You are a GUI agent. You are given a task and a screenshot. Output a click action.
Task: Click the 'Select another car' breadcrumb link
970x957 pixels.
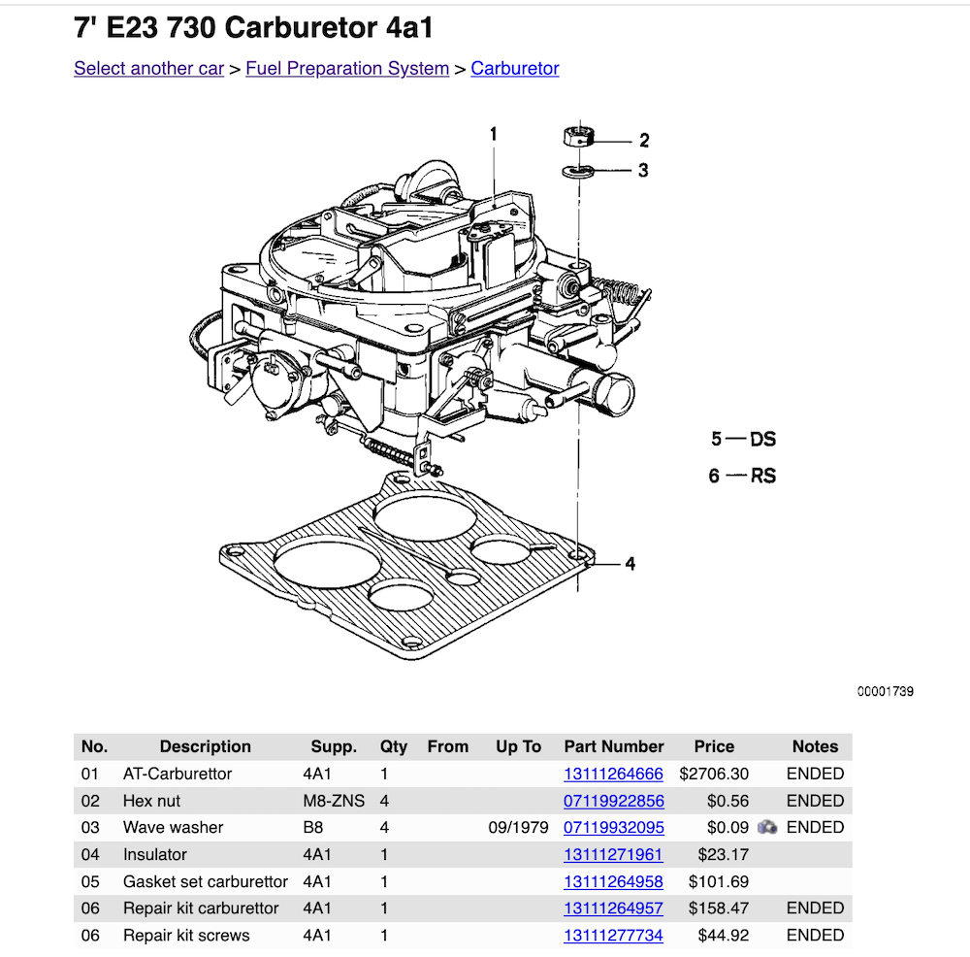click(x=148, y=69)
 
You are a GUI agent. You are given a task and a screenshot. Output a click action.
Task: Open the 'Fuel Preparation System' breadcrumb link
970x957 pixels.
click(x=347, y=69)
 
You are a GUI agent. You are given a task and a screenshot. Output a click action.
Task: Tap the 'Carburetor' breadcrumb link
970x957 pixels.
click(x=515, y=69)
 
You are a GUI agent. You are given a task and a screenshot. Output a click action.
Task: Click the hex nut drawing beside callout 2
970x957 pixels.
click(x=579, y=137)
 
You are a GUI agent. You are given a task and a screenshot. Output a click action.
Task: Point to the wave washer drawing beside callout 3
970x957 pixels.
click(x=579, y=172)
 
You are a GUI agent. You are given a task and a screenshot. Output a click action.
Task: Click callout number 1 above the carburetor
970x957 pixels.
click(x=493, y=134)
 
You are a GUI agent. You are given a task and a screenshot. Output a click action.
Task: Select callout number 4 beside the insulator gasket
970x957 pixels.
click(x=630, y=564)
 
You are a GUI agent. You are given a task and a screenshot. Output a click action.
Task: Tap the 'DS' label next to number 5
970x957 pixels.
click(x=762, y=440)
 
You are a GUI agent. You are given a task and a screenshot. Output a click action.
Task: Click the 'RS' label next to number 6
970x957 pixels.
click(x=762, y=477)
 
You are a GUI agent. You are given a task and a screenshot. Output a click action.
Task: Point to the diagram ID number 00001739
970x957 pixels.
click(x=885, y=692)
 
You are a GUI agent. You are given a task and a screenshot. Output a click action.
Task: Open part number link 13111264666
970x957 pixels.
click(x=613, y=775)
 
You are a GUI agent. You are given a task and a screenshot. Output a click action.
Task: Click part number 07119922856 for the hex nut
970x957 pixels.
click(x=613, y=802)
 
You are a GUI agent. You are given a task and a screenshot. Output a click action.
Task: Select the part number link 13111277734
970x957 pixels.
click(x=613, y=936)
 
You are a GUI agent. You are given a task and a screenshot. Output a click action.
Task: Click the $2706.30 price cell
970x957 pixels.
click(x=714, y=775)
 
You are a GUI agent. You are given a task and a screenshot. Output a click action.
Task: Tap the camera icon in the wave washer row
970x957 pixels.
click(x=767, y=828)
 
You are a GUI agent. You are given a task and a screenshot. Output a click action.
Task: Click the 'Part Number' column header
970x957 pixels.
click(x=613, y=746)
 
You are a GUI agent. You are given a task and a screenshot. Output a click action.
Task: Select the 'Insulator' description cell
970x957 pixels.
click(x=155, y=855)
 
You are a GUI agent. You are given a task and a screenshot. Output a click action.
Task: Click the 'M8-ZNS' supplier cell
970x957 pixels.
click(x=330, y=802)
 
